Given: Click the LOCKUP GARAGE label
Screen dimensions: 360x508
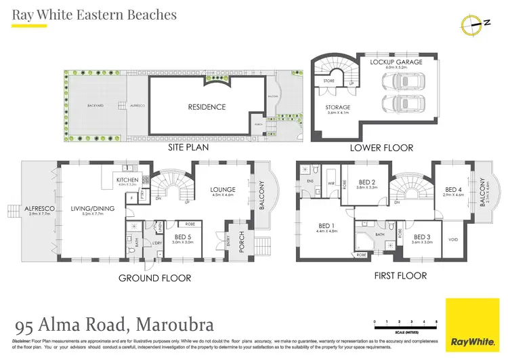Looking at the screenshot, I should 396,62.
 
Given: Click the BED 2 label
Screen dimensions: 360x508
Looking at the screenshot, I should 368,182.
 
